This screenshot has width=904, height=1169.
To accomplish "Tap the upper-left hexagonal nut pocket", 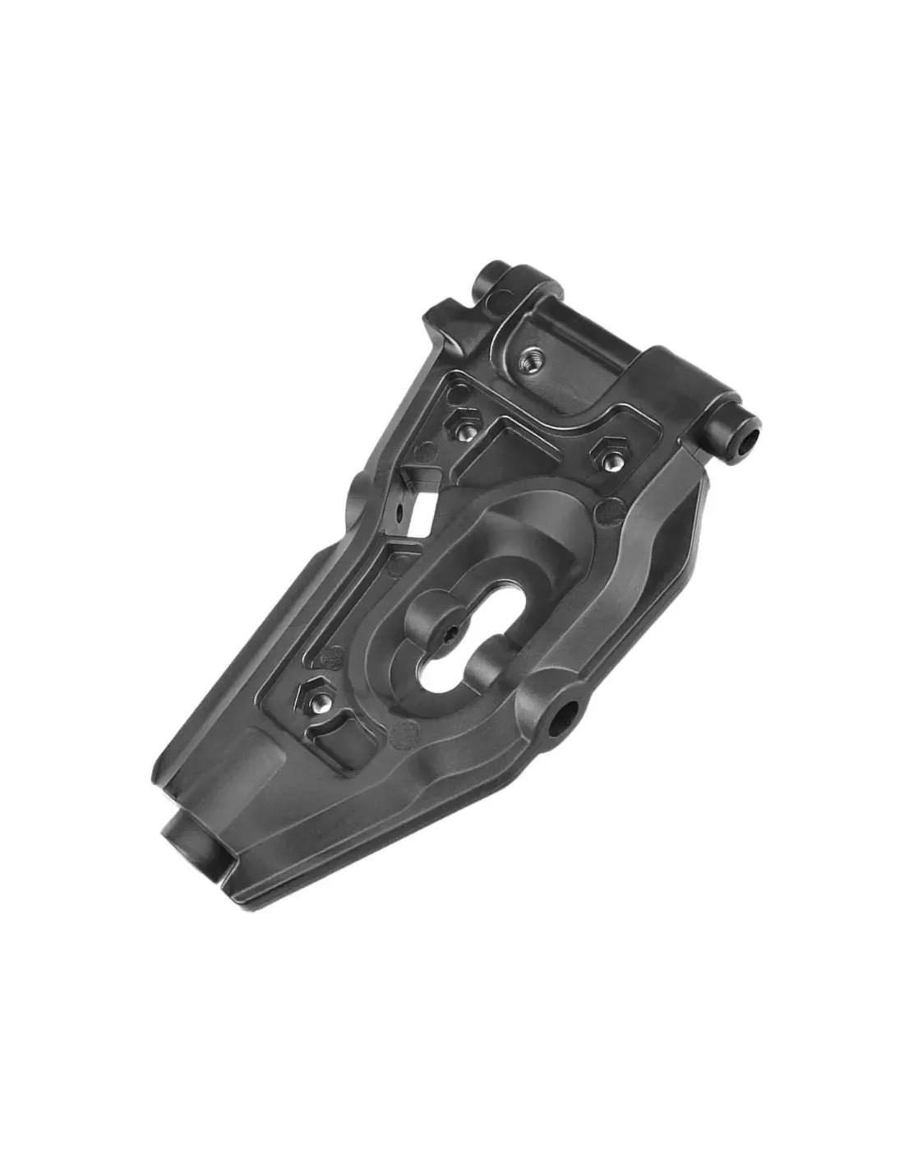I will tap(464, 426).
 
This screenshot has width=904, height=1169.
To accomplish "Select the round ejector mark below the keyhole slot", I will tap(404, 734).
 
